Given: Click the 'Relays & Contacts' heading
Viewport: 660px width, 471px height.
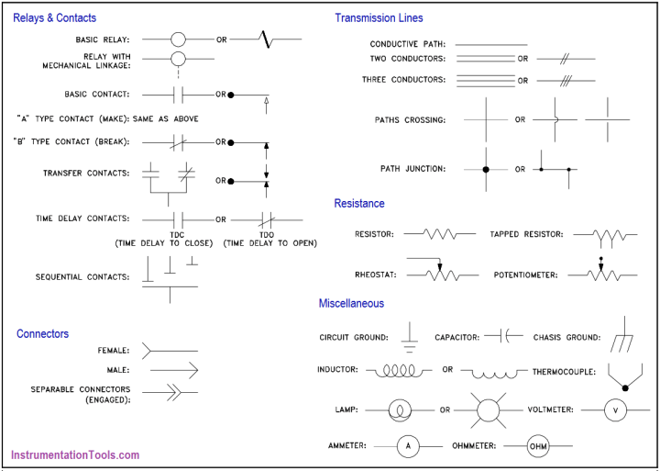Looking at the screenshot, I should [54, 17].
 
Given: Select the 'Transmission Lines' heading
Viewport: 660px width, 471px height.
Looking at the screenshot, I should [379, 17].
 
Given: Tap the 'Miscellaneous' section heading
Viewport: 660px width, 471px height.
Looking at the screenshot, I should [351, 303].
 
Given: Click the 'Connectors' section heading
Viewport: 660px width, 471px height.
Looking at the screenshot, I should [42, 333].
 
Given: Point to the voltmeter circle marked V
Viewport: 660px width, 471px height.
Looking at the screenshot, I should [615, 409].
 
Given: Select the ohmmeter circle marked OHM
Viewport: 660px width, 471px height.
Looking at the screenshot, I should [537, 446].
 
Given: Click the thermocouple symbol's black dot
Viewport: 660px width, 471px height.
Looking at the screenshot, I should [625, 388].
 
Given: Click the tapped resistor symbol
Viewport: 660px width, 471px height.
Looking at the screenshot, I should [608, 237].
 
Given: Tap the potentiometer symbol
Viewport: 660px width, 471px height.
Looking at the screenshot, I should [601, 274].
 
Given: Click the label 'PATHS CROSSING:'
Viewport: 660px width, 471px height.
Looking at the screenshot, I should [410, 120].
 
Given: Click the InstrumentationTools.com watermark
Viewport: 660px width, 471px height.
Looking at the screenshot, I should [75, 454].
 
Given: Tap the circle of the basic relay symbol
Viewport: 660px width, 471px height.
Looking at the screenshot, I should [178, 40].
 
